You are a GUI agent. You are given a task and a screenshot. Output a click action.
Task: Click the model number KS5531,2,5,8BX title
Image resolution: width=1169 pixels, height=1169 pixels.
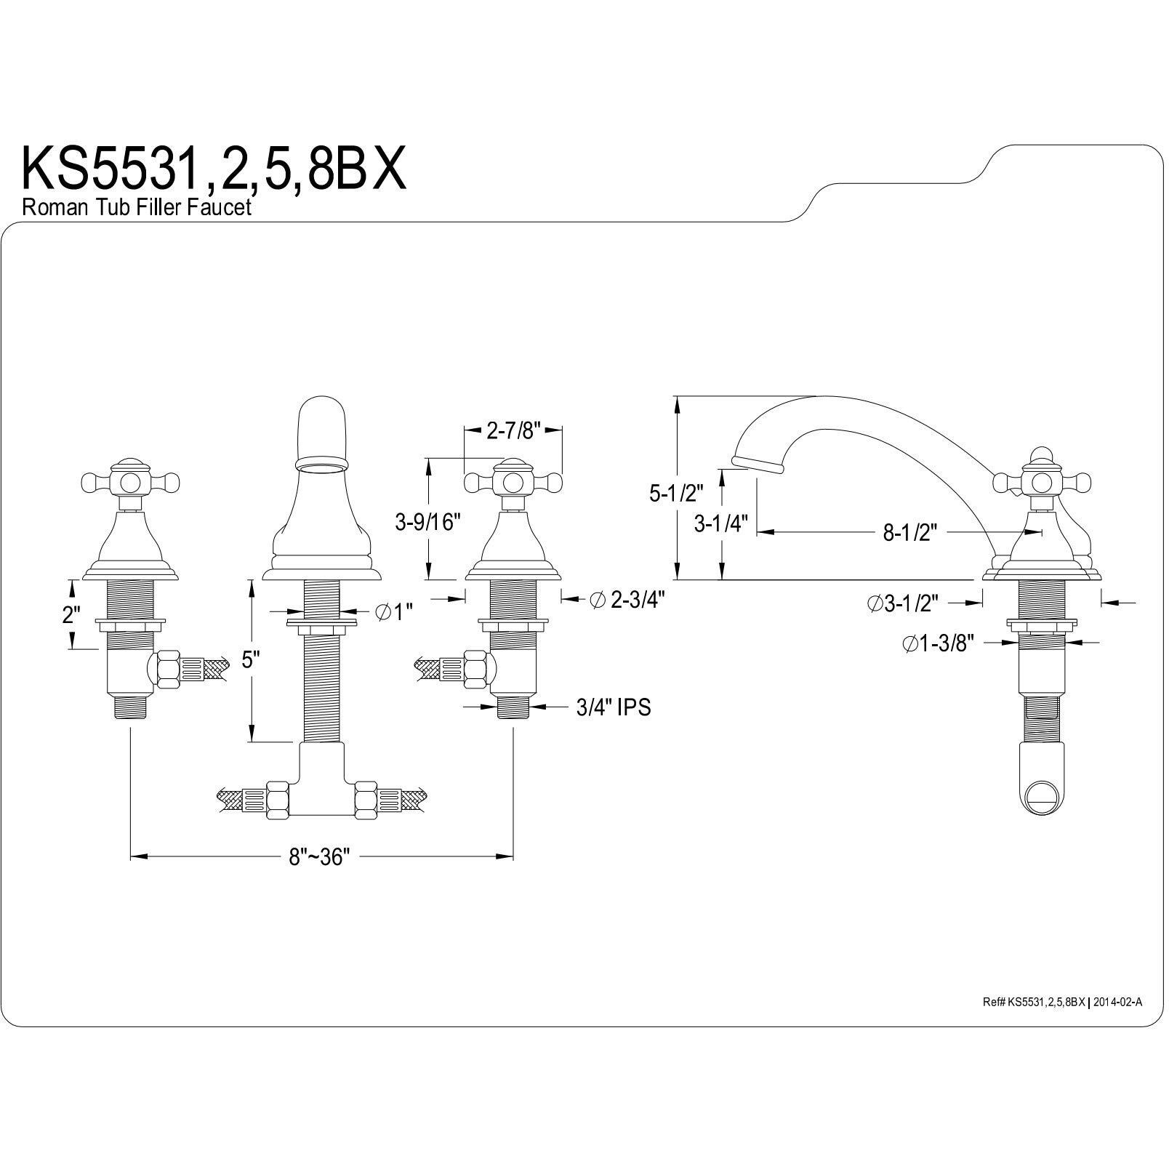point(214,169)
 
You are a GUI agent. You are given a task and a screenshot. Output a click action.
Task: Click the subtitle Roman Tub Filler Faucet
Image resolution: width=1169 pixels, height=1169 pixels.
point(137,207)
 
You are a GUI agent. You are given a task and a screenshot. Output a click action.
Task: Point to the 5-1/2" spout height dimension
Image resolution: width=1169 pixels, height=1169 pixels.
point(677,494)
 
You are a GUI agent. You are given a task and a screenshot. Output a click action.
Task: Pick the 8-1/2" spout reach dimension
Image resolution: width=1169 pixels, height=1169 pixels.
point(904,533)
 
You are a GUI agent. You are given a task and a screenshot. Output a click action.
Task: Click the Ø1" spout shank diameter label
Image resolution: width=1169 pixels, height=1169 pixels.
point(394,612)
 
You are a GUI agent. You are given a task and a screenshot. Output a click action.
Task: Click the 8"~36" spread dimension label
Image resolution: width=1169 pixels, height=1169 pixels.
point(320,856)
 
